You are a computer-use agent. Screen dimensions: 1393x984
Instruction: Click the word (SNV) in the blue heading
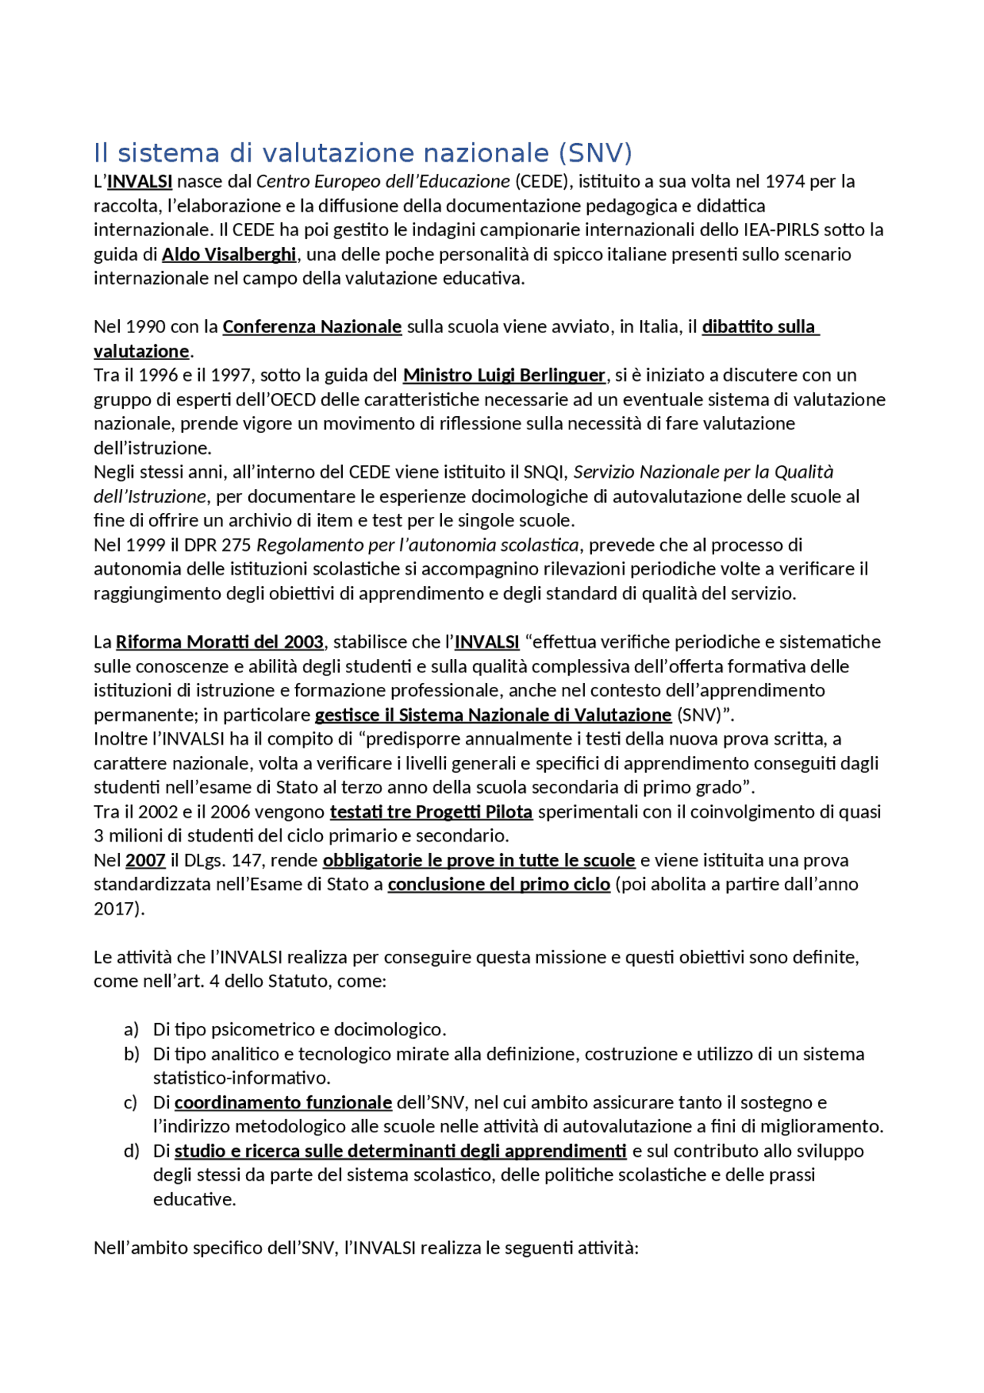coord(596,153)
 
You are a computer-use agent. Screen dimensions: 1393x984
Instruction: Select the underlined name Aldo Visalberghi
coord(229,254)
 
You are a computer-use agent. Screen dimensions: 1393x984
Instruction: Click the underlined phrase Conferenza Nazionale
coord(312,327)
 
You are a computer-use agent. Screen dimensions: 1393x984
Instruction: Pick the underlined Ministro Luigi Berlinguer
coord(504,375)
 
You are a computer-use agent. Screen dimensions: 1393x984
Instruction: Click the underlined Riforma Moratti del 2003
coord(220,642)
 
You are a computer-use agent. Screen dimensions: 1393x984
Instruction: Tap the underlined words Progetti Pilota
coord(474,812)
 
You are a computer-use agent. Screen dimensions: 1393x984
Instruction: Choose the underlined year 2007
coord(145,861)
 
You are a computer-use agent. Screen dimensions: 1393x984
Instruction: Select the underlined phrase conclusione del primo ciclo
coord(499,885)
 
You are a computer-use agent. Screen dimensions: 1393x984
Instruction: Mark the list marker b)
coord(131,1055)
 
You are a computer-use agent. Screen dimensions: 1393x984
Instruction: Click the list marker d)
coord(131,1151)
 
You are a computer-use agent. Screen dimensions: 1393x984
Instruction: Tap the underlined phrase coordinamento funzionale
coord(283,1103)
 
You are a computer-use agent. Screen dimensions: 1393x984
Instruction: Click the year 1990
coord(145,327)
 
